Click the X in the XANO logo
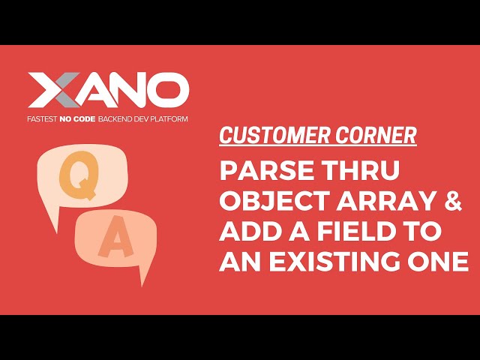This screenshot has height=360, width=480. pyautogui.click(x=51, y=91)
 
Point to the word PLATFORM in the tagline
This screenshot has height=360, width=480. pyautogui.click(x=169, y=119)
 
